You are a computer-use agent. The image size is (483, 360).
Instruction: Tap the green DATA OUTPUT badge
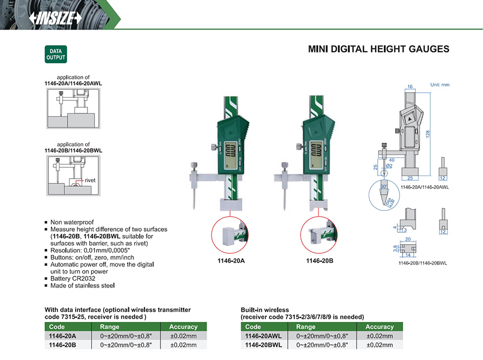point(55,55)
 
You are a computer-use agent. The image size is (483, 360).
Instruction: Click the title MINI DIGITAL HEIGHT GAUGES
point(378,49)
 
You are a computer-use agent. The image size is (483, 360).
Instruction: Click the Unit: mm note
point(440,85)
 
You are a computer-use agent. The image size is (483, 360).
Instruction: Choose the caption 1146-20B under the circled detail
point(320,261)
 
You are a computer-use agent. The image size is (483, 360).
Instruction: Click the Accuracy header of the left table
point(183,327)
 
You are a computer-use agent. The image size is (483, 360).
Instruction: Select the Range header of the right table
point(306,327)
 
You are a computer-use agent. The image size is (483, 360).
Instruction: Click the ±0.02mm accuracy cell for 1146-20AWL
point(379,336)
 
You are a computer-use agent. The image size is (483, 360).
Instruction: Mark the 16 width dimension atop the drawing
point(409,86)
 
